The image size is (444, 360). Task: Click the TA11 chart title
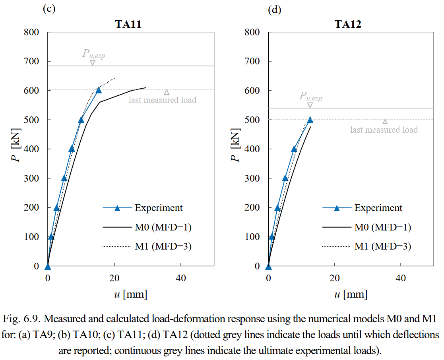coord(128,24)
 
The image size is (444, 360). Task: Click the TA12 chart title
coord(348,24)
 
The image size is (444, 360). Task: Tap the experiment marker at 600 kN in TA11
coord(99,90)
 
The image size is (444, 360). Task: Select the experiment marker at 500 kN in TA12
coord(310,120)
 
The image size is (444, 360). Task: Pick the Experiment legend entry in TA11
coord(158,208)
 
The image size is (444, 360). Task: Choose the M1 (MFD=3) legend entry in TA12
coord(382,246)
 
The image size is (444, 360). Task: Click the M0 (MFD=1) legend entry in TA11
coord(163,227)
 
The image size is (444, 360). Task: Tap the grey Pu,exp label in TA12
coord(310,96)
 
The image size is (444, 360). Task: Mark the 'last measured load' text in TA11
coord(162,100)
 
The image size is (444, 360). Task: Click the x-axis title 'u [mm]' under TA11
coord(130,294)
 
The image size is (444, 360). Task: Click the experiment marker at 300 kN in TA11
coord(64,178)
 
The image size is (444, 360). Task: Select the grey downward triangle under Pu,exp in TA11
coord(93,62)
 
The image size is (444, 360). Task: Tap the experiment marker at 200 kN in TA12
coord(277,207)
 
